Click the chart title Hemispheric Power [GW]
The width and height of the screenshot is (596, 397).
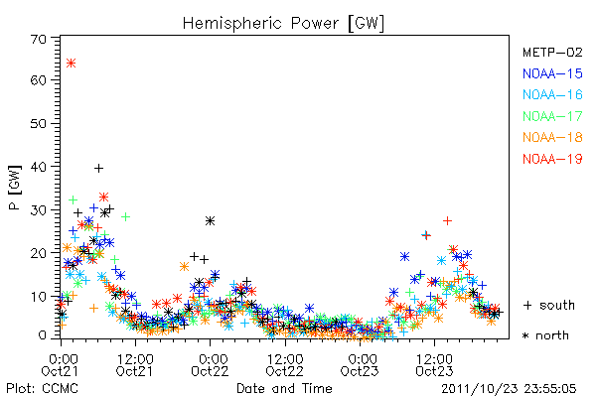[x=283, y=24]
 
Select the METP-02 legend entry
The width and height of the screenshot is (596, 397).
[x=552, y=52]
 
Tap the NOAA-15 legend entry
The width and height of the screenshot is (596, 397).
[x=552, y=73]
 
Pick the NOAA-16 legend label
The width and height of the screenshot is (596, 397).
[x=552, y=94]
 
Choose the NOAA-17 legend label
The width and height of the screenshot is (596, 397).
[x=552, y=116]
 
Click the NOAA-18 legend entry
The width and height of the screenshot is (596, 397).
[x=552, y=137]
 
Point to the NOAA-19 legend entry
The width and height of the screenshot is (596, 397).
[x=552, y=159]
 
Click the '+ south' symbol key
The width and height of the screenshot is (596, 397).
[x=549, y=305]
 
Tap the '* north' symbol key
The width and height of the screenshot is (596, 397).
[x=545, y=335]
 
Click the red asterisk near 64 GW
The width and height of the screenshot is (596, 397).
[x=72, y=63]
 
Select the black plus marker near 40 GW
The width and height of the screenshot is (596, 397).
[x=98, y=168]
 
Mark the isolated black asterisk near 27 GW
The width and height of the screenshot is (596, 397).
[x=210, y=220]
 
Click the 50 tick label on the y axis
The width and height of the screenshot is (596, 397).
[x=39, y=123]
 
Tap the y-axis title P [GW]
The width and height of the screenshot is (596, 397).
[x=15, y=188]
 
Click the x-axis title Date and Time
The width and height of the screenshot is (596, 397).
[x=284, y=388]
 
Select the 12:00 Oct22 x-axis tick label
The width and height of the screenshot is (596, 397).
[x=285, y=364]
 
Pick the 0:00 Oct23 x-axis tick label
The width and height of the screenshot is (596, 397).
[x=360, y=364]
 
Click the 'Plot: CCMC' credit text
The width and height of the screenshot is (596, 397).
[x=42, y=388]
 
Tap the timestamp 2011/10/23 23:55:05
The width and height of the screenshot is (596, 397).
[x=509, y=389]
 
